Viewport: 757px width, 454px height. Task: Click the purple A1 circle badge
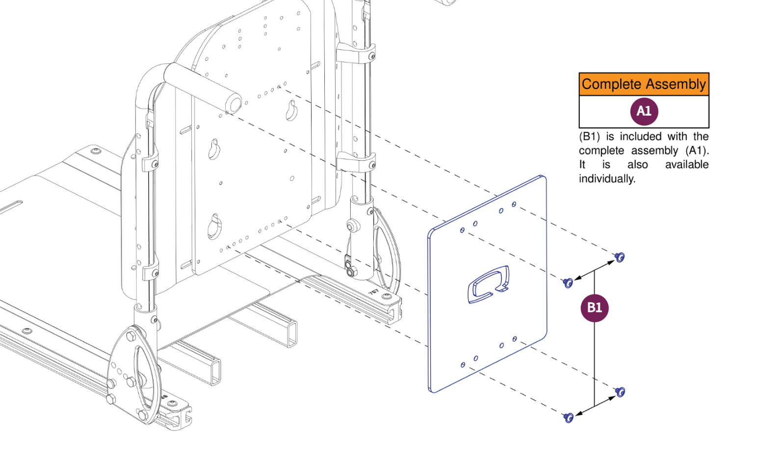pyautogui.click(x=644, y=111)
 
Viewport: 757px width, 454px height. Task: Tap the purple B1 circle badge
pyautogui.click(x=594, y=307)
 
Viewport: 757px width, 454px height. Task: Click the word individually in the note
pyautogui.click(x=606, y=179)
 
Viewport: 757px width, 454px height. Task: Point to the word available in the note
pyautogui.click(x=686, y=165)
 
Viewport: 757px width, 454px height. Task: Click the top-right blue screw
pyautogui.click(x=620, y=257)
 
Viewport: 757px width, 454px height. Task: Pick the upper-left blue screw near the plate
pyautogui.click(x=568, y=282)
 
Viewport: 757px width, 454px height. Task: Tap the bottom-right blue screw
pyautogui.click(x=620, y=391)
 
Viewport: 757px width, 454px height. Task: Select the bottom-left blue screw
pyautogui.click(x=568, y=417)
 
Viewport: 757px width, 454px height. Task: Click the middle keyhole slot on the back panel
pyautogui.click(x=214, y=149)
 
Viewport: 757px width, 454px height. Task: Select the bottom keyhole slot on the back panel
pyautogui.click(x=214, y=226)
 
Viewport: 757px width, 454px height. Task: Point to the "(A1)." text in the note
pyautogui.click(x=697, y=151)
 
